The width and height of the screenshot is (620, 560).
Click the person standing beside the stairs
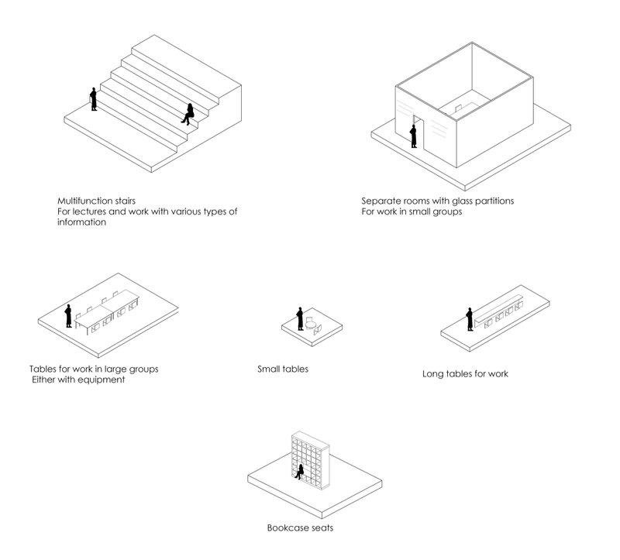click(94, 99)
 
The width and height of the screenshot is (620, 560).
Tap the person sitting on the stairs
click(188, 114)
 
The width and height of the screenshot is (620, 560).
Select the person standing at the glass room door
click(414, 135)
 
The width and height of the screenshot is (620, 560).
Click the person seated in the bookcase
click(298, 471)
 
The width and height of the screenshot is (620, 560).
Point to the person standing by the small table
click(299, 318)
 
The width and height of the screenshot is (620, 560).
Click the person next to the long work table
click(469, 319)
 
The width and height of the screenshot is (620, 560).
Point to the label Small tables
click(283, 369)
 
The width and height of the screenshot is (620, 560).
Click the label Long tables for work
click(465, 374)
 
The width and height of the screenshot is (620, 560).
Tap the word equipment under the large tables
click(99, 380)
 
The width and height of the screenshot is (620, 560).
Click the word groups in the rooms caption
click(446, 211)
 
